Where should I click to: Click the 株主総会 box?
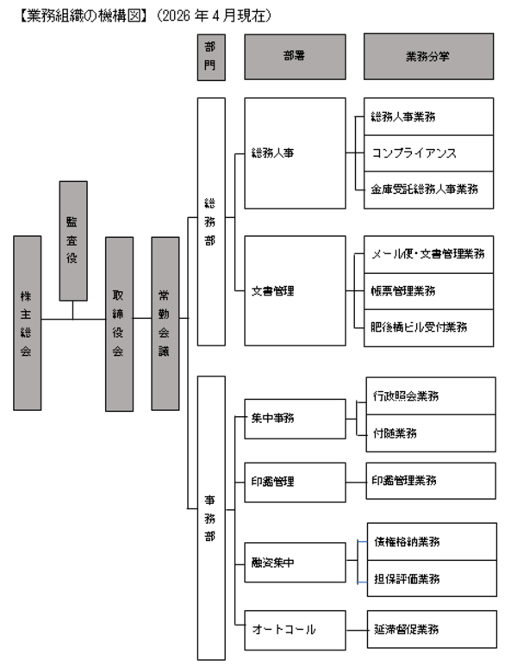click(x=28, y=322)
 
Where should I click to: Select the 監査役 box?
click(x=73, y=240)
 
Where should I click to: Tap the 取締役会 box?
click(x=119, y=322)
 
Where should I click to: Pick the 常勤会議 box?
click(x=165, y=322)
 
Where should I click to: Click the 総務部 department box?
click(x=211, y=222)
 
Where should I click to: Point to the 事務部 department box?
click(x=211, y=516)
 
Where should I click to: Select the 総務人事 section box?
click(x=296, y=153)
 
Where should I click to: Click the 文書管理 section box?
click(x=296, y=290)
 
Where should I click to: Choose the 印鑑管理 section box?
click(x=296, y=481)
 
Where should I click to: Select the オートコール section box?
click(x=296, y=629)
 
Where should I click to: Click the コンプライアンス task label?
click(x=414, y=152)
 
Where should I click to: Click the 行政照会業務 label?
click(x=410, y=395)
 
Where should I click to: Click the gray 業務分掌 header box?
click(x=428, y=56)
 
